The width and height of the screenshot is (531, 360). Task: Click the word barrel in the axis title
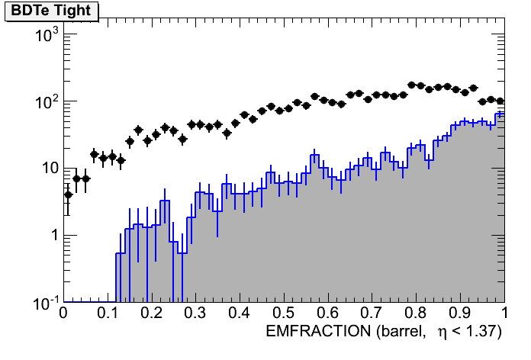point(395,332)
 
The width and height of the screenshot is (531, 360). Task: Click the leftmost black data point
point(68,194)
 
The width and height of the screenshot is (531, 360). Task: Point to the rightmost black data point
point(500,101)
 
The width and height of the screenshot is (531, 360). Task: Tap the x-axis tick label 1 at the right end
point(504,313)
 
